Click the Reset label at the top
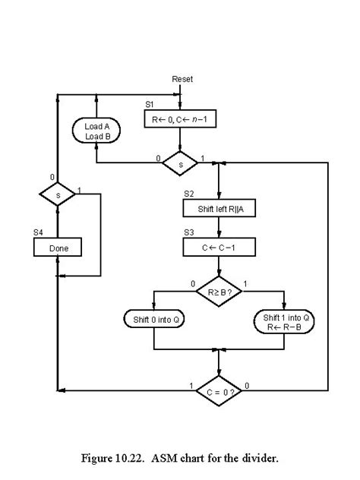click(182, 79)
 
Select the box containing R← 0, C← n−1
click(180, 118)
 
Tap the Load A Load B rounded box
click(97, 131)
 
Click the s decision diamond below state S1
click(180, 163)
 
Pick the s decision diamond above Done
click(58, 195)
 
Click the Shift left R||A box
click(219, 208)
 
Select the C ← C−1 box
click(219, 248)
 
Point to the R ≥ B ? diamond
click(219, 290)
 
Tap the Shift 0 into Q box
click(155, 319)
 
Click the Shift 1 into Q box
click(283, 320)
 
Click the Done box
click(58, 248)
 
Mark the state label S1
click(150, 103)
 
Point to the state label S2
click(188, 194)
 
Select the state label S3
click(188, 232)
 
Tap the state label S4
click(38, 232)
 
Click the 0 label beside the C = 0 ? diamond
click(247, 385)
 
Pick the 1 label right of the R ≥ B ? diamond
click(245, 285)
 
